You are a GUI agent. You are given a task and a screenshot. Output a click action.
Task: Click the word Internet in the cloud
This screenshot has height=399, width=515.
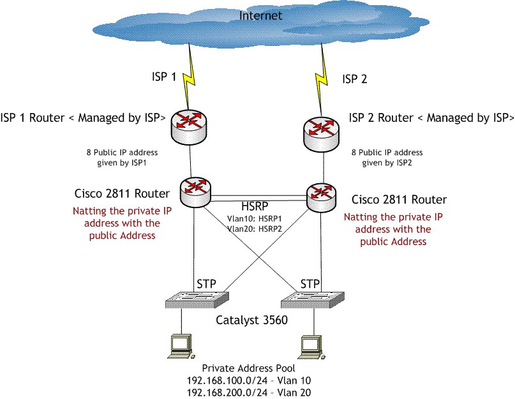[260, 16]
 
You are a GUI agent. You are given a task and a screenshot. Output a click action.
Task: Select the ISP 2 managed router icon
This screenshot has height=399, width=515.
[323, 131]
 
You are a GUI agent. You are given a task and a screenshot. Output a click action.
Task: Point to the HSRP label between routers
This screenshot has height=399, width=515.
[254, 207]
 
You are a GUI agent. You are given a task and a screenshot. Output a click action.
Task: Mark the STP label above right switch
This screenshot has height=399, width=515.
[310, 282]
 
